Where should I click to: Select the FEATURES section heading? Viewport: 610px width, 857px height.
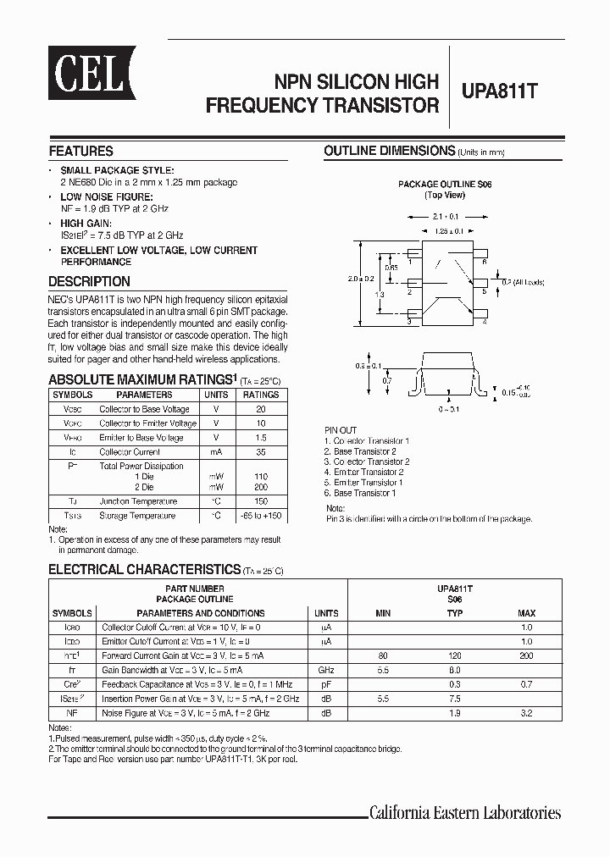click(81, 152)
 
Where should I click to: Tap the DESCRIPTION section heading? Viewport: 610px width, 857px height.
click(89, 282)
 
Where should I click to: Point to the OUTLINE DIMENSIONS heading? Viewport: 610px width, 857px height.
click(390, 152)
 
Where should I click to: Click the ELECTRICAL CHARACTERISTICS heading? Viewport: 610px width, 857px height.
click(145, 569)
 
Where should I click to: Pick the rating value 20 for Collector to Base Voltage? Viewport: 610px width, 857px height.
click(260, 409)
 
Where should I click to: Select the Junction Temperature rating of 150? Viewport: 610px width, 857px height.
click(260, 501)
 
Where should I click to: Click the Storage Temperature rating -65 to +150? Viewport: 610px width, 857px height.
click(260, 516)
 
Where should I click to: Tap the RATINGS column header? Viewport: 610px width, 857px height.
click(260, 395)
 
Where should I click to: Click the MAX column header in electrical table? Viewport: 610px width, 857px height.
click(526, 613)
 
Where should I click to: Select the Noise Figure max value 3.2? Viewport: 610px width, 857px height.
click(526, 714)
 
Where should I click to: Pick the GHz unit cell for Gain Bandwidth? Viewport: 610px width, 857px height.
click(326, 671)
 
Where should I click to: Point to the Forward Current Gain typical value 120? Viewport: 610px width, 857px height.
click(455, 656)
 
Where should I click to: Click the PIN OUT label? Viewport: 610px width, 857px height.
click(341, 430)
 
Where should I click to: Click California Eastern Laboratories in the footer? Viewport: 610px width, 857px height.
click(465, 813)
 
